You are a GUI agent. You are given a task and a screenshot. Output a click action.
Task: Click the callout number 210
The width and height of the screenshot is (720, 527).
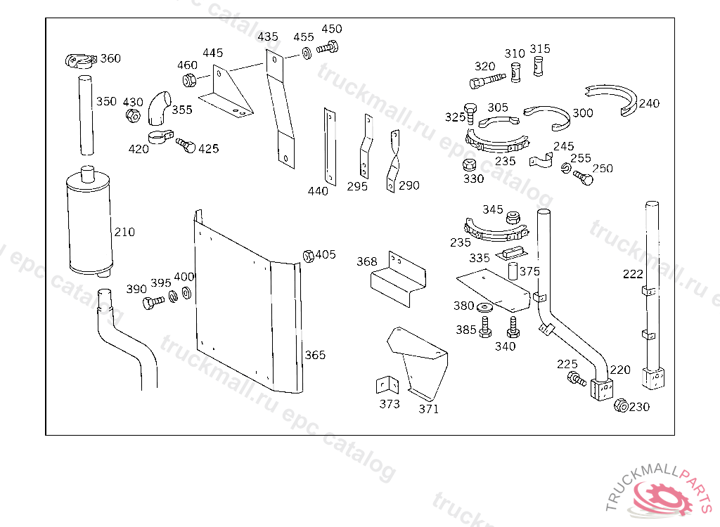[x=124, y=232]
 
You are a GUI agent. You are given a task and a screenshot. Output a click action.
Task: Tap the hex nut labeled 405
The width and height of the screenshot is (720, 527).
[x=309, y=256]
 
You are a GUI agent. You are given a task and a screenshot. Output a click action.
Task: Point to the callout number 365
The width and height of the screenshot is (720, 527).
[x=315, y=355]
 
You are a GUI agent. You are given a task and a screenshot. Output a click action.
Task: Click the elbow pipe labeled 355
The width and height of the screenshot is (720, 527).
[x=158, y=108]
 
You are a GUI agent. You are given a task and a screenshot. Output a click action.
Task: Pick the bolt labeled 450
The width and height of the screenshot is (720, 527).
[x=328, y=47]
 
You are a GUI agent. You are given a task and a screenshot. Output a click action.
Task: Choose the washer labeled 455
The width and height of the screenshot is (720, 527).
[x=307, y=53]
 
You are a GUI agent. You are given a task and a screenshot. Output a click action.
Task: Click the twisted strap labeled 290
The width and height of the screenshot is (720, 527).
[x=393, y=161]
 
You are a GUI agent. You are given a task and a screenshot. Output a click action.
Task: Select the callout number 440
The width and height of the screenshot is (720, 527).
[x=318, y=191]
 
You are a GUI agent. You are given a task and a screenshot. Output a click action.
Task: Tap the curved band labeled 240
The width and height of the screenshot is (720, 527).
[x=612, y=98]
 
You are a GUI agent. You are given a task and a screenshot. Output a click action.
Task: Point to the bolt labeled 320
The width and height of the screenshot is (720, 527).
[x=487, y=80]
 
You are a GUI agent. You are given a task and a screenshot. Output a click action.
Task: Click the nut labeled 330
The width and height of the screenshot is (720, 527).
[x=468, y=165]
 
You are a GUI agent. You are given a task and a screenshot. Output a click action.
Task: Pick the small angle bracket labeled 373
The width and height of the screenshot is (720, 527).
[x=387, y=385]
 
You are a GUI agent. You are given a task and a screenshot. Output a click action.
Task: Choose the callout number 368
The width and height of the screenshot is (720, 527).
[x=367, y=261]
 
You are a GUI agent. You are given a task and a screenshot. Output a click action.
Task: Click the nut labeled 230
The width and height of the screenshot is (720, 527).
[x=621, y=405]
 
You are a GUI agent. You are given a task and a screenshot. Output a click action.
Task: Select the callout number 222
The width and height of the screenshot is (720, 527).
[x=634, y=274]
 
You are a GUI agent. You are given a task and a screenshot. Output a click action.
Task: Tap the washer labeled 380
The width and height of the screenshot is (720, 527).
[x=484, y=307]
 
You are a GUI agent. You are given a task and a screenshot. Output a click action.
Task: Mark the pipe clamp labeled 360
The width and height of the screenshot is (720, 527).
[x=80, y=61]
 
